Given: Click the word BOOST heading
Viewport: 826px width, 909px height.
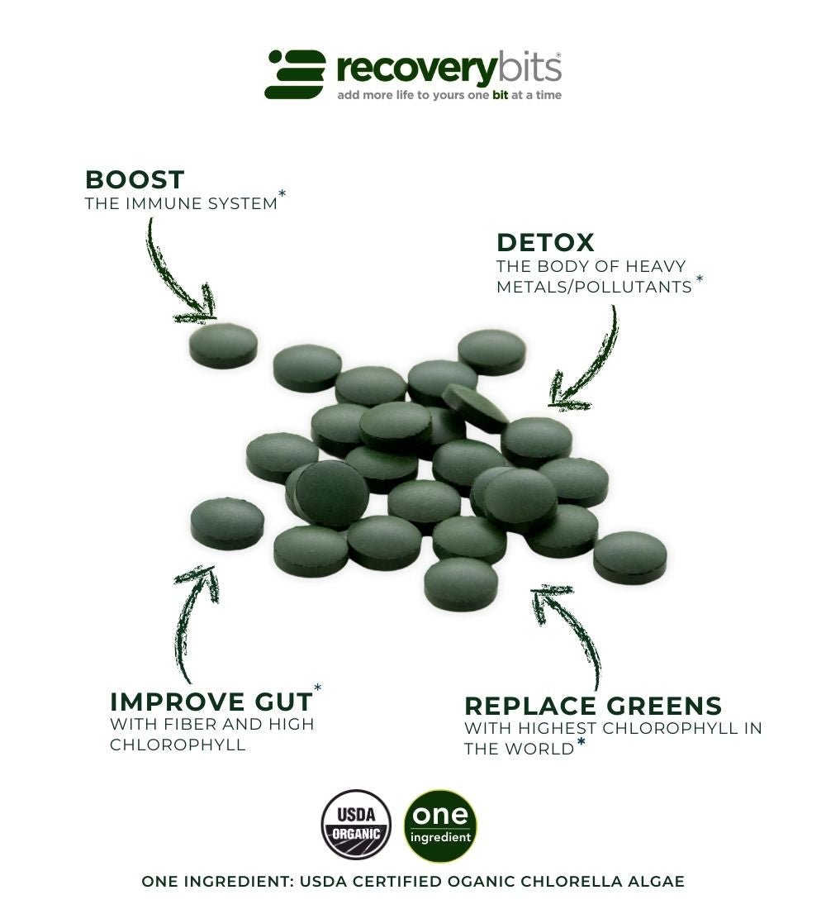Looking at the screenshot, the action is [x=135, y=179].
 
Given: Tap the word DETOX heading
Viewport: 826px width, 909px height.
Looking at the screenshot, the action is [x=545, y=243].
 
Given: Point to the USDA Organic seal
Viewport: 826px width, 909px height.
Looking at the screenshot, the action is [x=356, y=824].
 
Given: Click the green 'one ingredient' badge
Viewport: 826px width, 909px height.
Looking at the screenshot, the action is [x=440, y=826].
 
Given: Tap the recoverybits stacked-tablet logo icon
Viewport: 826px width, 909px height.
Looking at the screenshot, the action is [x=296, y=74].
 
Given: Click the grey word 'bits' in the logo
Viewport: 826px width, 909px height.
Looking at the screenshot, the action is [x=529, y=69].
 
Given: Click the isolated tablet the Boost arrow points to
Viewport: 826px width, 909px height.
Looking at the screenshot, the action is [x=223, y=345].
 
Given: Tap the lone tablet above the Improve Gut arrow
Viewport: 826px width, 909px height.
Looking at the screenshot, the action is [x=227, y=523].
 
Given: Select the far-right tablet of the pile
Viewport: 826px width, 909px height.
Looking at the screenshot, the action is [x=630, y=557].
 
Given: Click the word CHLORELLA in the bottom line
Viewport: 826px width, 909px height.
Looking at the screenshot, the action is [x=562, y=882].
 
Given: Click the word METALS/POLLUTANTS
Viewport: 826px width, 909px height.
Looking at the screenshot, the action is [x=594, y=287].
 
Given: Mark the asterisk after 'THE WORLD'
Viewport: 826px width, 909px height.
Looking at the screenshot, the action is [x=582, y=742].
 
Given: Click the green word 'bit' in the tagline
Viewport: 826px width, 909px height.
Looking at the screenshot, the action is [x=501, y=95].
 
